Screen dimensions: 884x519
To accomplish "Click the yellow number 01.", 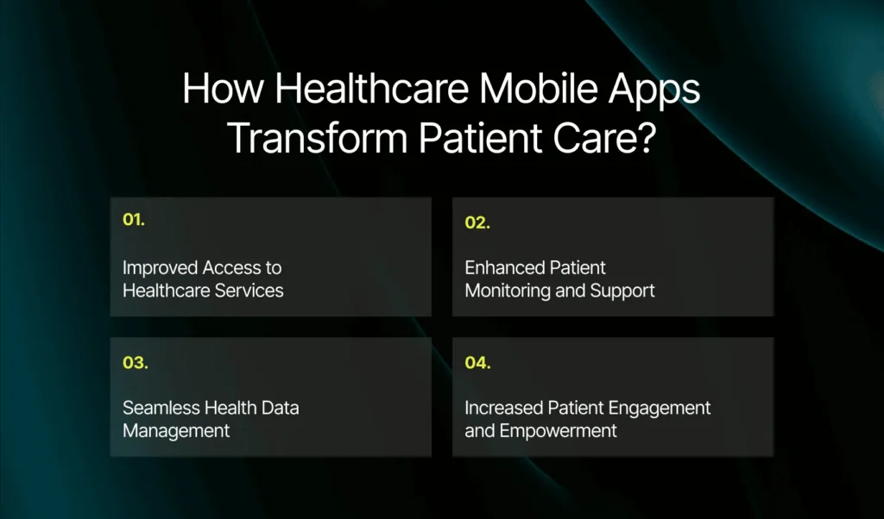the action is click(134, 220).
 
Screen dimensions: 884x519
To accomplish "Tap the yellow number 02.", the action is click(477, 223).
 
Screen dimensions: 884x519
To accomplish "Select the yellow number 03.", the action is click(136, 362).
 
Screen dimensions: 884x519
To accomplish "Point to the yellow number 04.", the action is click(477, 362).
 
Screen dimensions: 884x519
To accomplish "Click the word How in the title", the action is click(224, 89).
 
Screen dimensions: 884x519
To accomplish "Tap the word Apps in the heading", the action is click(654, 92).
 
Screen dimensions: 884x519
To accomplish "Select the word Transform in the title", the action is click(318, 139).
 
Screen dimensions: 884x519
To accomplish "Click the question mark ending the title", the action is click(648, 138).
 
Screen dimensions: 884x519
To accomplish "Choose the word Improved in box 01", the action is click(160, 268).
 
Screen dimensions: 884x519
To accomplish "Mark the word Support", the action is click(622, 291).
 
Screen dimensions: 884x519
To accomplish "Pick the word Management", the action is click(176, 431).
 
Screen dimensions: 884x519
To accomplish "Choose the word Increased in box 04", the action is click(503, 408).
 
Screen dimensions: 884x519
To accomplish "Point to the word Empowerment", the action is click(559, 432).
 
